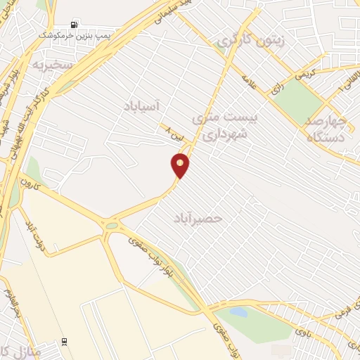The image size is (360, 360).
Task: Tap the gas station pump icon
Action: click(75, 24)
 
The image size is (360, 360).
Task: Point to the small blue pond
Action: click(239, 311)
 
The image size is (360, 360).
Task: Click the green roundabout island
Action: click(112, 226)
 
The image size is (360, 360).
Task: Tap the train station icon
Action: click(65, 342)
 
